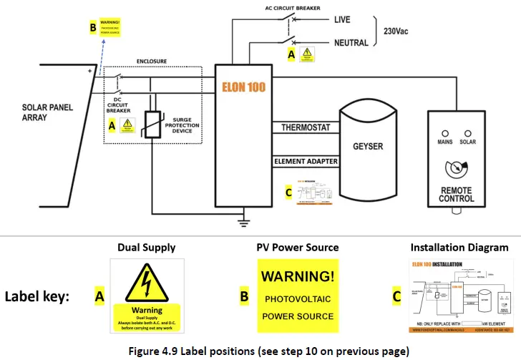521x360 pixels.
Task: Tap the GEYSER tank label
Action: click(x=368, y=147)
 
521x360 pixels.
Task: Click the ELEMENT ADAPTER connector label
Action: click(x=306, y=162)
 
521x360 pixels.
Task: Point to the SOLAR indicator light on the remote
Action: click(x=469, y=133)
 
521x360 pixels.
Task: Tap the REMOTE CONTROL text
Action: click(x=457, y=194)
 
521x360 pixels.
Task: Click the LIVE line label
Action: click(x=341, y=20)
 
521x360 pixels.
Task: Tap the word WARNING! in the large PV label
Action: click(x=297, y=276)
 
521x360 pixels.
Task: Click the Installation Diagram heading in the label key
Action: click(x=459, y=248)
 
